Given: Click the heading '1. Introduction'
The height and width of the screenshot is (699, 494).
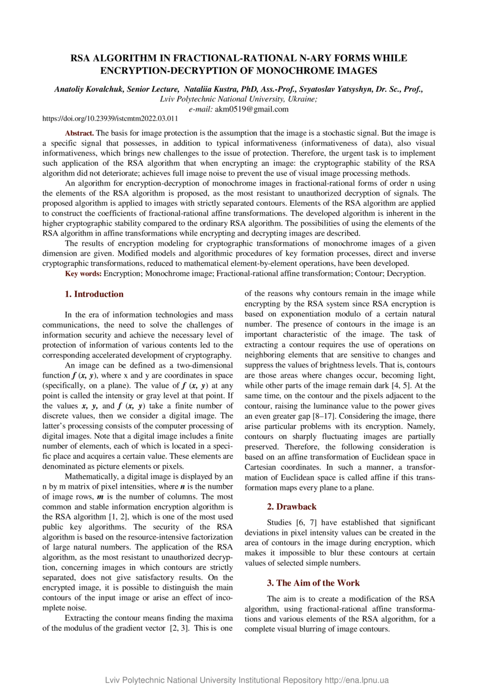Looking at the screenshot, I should pos(94,294).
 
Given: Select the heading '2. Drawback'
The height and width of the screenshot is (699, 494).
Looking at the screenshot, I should pos(292,507).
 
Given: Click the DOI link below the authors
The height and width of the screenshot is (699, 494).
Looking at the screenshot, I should pos(111,119).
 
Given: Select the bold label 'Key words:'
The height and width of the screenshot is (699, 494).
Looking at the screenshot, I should pos(83,273).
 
